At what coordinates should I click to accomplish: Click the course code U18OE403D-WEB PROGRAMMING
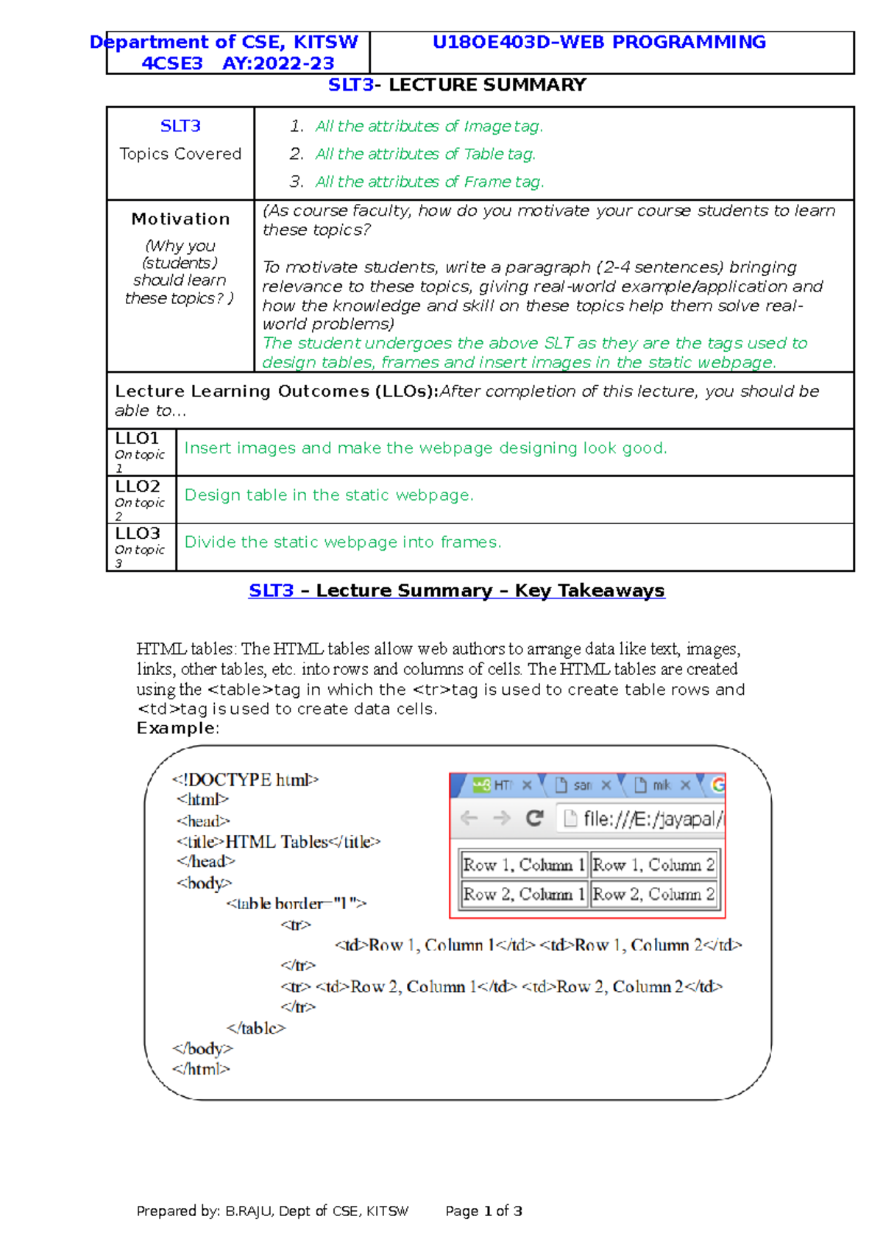(x=599, y=43)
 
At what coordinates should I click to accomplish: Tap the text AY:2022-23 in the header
(x=278, y=64)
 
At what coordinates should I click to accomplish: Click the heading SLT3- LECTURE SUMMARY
(x=457, y=85)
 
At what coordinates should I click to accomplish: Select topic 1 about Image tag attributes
(x=429, y=127)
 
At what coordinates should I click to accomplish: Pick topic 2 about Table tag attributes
(x=425, y=155)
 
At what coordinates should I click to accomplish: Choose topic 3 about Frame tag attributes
(x=430, y=182)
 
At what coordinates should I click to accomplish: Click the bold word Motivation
(x=180, y=219)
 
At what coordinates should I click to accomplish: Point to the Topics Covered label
(x=180, y=155)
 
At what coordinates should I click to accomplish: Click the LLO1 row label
(x=138, y=439)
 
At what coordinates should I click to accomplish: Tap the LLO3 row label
(x=138, y=534)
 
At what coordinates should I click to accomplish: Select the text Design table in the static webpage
(x=329, y=495)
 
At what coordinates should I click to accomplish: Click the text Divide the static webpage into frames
(x=343, y=543)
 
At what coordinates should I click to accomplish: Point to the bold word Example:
(x=177, y=729)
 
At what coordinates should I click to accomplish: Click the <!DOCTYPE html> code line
(x=245, y=780)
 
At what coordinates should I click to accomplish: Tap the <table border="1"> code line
(x=296, y=904)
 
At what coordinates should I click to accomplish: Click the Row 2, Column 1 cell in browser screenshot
(x=524, y=895)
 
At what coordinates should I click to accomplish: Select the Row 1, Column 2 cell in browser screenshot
(x=653, y=866)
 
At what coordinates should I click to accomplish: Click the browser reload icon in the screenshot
(x=535, y=819)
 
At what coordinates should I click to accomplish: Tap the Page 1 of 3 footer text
(x=483, y=1212)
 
